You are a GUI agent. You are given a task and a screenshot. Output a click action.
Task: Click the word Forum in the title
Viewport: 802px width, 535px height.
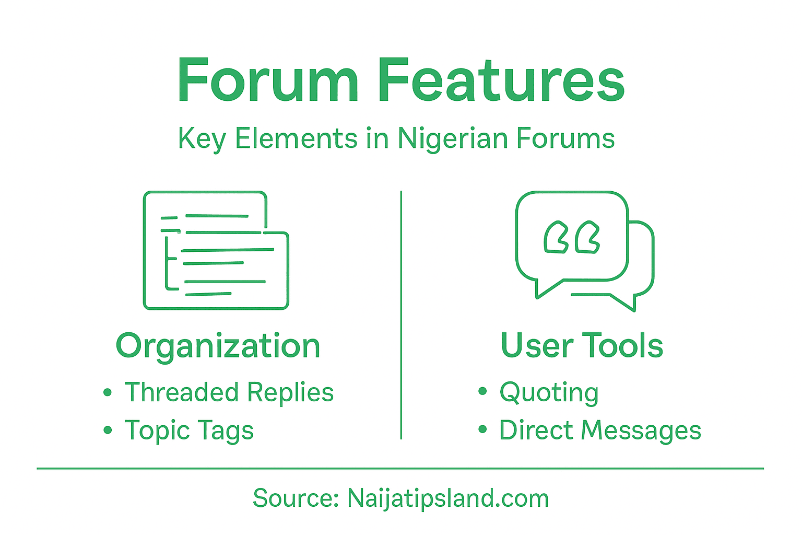click(268, 81)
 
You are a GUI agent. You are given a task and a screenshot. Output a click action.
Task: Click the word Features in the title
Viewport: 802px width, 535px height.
click(501, 81)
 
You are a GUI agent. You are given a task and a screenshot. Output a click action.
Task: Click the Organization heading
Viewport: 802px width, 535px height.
click(218, 346)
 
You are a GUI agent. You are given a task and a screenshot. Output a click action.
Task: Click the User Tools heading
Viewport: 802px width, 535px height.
click(582, 345)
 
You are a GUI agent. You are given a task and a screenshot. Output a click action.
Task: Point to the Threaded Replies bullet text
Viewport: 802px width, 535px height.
click(229, 392)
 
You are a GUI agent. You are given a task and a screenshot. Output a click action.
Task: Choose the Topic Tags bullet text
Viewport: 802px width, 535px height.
click(189, 431)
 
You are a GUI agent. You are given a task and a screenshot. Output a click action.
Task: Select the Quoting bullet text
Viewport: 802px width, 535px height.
click(549, 393)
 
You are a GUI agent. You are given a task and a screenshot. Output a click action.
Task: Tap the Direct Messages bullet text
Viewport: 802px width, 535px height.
click(600, 431)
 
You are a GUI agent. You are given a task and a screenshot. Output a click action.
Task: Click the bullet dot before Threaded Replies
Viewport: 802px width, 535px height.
click(108, 392)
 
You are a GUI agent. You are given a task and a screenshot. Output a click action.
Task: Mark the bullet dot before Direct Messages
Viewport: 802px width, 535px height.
click(482, 430)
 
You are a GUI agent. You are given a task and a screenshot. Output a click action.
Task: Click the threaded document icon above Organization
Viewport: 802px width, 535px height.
click(216, 250)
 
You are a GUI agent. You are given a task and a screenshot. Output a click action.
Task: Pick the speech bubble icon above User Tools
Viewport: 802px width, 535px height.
click(584, 250)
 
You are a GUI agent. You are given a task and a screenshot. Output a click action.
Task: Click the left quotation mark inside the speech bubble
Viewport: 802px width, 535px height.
click(556, 238)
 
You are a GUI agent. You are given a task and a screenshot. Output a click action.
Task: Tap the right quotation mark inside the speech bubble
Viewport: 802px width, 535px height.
click(587, 238)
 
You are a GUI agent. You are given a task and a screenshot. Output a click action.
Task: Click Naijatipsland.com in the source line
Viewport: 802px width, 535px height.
click(448, 498)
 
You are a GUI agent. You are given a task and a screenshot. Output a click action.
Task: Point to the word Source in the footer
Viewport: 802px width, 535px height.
click(296, 498)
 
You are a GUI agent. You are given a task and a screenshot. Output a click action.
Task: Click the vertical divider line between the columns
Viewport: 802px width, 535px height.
click(401, 313)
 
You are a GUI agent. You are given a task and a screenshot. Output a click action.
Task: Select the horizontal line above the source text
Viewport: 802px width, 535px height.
click(400, 469)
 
